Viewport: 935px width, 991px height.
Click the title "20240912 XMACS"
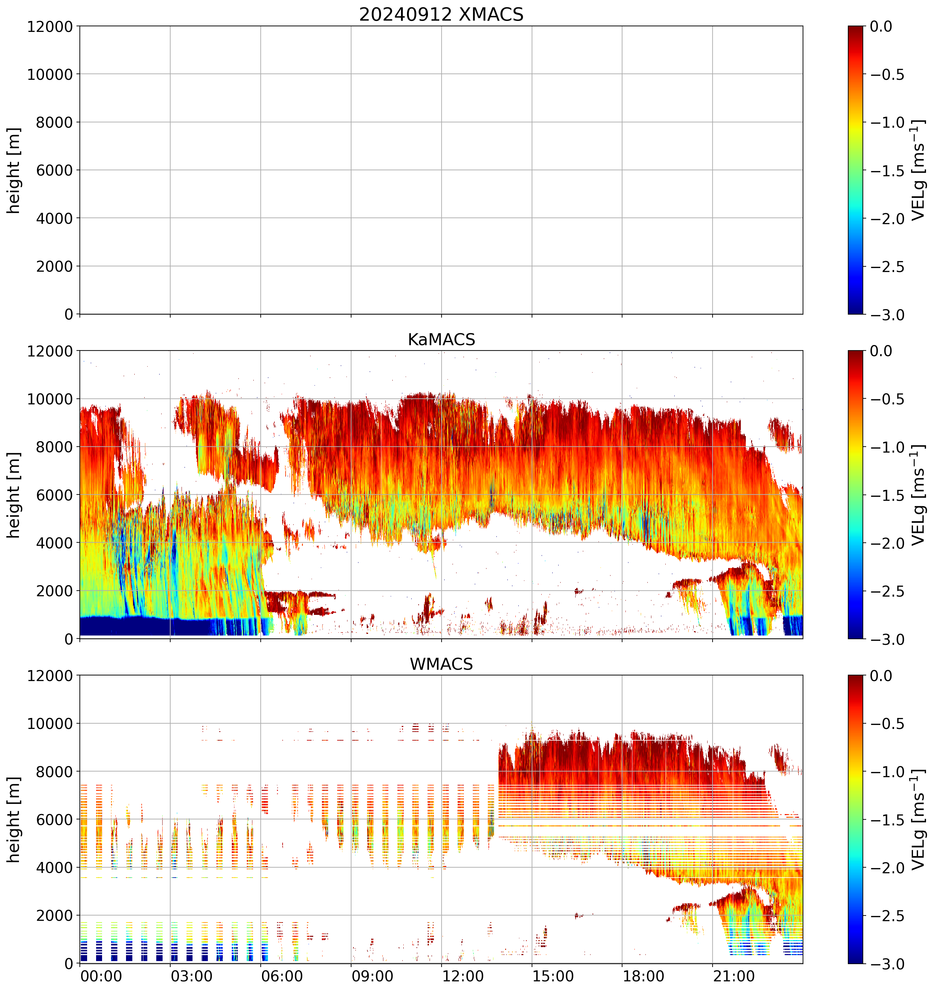pyautogui.click(x=441, y=14)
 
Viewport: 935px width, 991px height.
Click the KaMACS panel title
pyautogui.click(x=441, y=340)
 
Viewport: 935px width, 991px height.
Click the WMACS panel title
pyautogui.click(x=441, y=664)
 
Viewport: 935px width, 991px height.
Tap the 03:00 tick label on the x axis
pyautogui.click(x=192, y=976)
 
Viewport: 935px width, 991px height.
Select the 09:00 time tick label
pyautogui.click(x=372, y=976)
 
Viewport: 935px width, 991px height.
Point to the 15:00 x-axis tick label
pyautogui.click(x=553, y=976)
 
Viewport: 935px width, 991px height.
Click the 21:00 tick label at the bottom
pyautogui.click(x=734, y=976)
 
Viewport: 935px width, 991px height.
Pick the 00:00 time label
pyautogui.click(x=101, y=976)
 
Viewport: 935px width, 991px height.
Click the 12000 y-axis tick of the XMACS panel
pyautogui.click(x=50, y=26)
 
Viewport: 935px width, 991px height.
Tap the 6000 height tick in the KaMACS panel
pyautogui.click(x=55, y=495)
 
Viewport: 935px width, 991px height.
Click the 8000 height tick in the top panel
pyautogui.click(x=55, y=122)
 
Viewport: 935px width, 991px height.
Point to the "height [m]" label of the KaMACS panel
pyautogui.click(x=14, y=495)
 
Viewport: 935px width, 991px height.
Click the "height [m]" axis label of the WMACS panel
pyautogui.click(x=14, y=819)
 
